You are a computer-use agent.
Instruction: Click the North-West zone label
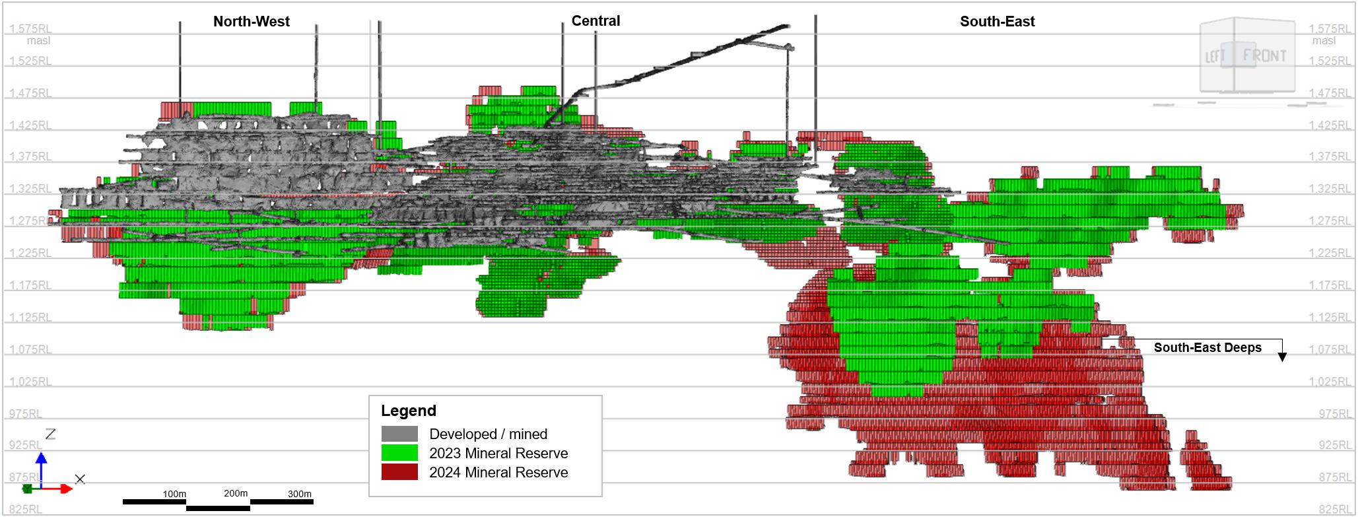251,22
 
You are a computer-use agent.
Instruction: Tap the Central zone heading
595,21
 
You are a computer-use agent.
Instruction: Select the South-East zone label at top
997,22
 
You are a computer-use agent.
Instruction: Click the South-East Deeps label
1207,348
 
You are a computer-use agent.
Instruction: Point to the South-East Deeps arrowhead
1282,357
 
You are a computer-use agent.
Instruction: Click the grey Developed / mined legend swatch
399,434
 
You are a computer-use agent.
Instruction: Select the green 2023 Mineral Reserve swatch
399,453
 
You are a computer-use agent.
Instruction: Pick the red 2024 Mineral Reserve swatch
399,472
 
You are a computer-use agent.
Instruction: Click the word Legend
409,411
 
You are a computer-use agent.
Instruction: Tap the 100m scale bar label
174,494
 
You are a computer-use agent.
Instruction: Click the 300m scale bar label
300,494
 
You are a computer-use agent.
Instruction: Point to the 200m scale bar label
236,493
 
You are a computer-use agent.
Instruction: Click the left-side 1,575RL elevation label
30,29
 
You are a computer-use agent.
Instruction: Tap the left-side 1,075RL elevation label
30,349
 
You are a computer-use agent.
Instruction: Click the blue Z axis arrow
41,469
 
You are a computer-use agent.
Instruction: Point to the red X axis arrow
57,489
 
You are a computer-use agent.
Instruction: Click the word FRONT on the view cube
1264,56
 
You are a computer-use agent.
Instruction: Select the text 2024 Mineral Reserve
498,473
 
